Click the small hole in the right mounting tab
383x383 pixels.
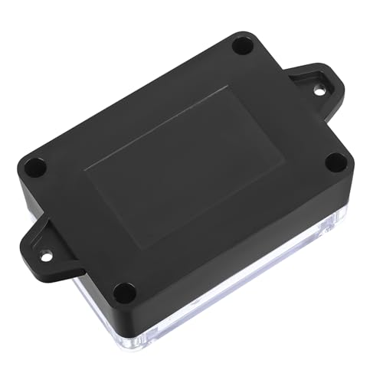coord(319,90)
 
